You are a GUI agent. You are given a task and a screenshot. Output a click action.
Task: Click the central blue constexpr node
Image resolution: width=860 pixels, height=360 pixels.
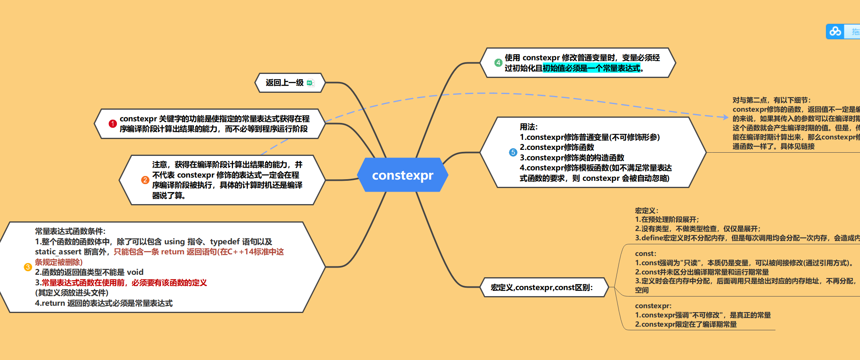(402, 175)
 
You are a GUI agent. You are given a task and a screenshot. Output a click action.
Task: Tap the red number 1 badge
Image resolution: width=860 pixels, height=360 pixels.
(113, 124)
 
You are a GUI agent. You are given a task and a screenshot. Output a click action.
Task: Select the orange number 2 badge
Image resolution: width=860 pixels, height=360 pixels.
(145, 180)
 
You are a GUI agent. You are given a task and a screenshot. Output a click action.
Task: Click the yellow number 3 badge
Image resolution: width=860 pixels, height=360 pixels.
(28, 267)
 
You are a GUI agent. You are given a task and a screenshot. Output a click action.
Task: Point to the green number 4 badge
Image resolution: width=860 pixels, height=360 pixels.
(498, 63)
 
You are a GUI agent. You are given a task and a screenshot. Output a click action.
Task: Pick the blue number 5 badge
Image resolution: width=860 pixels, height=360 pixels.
(513, 153)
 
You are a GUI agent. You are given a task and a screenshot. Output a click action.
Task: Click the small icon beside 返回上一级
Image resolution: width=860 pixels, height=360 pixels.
(310, 83)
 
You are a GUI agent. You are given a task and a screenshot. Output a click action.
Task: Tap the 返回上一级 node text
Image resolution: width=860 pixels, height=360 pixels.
(284, 83)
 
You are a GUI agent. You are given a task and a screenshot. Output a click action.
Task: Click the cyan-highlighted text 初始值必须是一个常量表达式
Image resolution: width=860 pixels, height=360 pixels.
(591, 68)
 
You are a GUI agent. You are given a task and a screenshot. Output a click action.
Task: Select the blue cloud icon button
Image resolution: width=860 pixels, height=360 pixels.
(835, 31)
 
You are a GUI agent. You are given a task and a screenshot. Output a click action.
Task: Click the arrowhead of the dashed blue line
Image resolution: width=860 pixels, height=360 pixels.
(725, 117)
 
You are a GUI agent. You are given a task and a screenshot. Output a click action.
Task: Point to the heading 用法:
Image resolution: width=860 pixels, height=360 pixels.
(529, 127)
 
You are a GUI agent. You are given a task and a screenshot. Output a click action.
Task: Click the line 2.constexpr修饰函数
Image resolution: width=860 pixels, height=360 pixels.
(557, 147)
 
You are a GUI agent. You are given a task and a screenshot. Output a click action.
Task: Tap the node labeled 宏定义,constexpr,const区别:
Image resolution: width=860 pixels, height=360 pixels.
(541, 287)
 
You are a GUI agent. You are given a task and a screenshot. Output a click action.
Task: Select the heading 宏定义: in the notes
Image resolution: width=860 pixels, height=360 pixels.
(646, 211)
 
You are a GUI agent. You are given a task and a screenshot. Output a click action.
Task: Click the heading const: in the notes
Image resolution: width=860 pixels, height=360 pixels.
(646, 254)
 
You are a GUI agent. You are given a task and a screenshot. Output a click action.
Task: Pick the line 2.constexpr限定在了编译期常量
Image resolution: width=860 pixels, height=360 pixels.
(686, 324)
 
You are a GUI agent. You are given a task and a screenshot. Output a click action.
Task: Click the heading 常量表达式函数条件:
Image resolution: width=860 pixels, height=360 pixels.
(70, 231)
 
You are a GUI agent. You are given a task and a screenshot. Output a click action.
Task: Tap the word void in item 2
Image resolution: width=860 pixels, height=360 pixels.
(135, 272)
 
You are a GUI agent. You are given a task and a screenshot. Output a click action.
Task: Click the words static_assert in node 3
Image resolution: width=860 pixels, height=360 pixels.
(58, 252)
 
